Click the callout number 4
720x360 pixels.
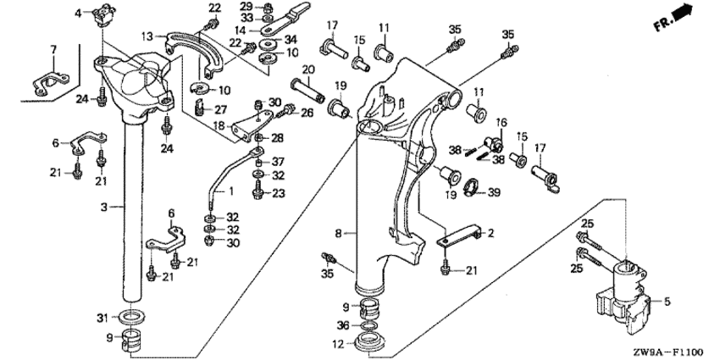click(x=78, y=13)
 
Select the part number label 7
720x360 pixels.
click(x=53, y=49)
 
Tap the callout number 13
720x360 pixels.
click(x=147, y=36)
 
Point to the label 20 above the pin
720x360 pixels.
click(x=308, y=69)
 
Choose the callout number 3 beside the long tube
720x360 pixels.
click(x=103, y=206)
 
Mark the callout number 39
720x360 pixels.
click(x=495, y=193)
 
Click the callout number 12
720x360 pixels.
click(x=337, y=344)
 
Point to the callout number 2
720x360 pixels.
click(x=490, y=232)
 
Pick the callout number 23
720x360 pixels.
click(x=280, y=193)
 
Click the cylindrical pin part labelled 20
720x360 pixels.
click(x=308, y=87)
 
